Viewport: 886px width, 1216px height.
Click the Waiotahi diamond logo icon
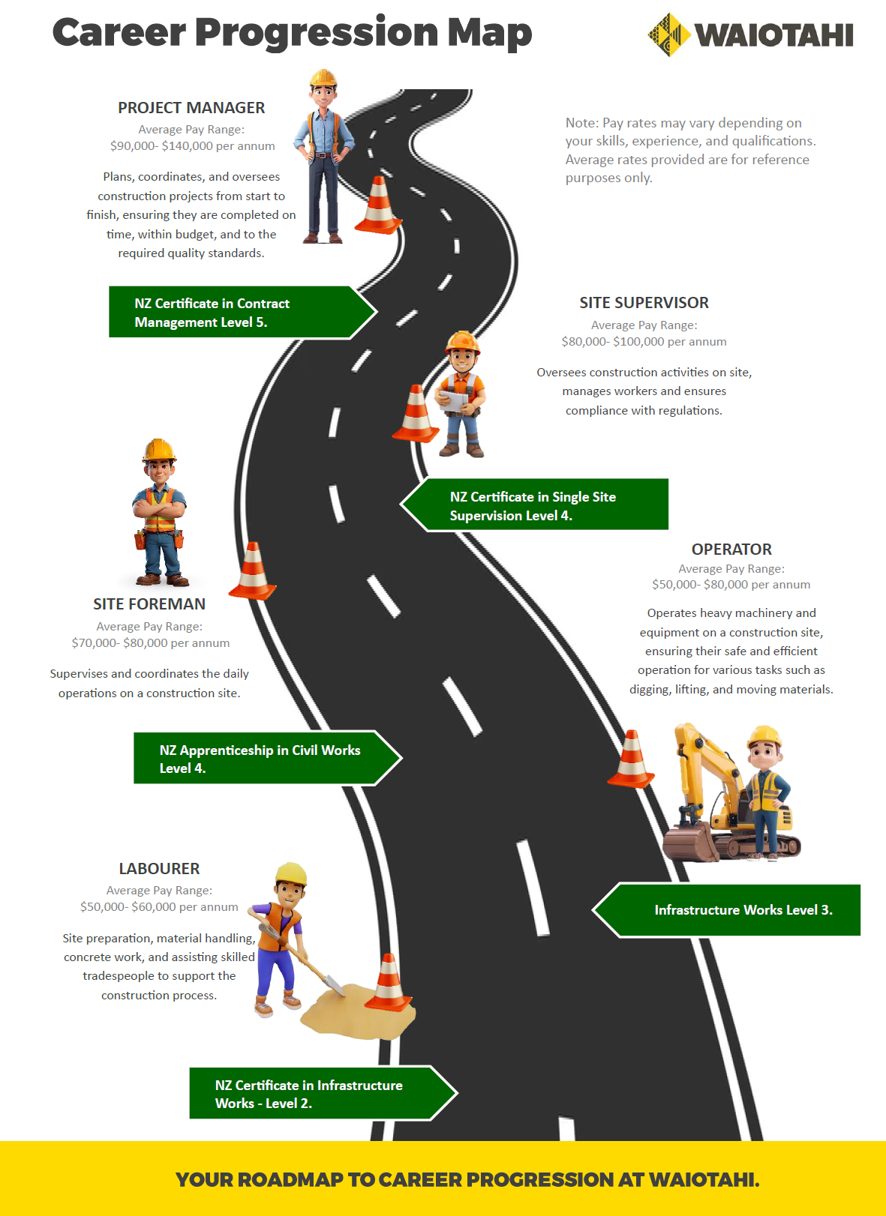coord(668,34)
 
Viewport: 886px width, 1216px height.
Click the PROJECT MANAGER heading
coord(191,108)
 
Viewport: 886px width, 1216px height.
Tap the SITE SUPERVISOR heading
coord(644,303)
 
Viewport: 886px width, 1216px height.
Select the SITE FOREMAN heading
coord(149,604)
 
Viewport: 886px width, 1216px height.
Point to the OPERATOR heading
coord(731,550)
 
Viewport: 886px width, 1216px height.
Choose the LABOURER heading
coord(159,869)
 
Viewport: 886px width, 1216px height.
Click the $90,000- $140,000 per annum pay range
coord(192,146)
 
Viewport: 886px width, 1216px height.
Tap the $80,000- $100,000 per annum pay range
coord(644,341)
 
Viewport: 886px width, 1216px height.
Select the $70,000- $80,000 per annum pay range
coord(151,642)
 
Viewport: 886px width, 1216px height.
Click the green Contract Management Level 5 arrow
coord(242,312)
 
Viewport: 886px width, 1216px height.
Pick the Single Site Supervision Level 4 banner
coord(535,505)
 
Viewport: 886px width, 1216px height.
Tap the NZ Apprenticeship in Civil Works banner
coord(267,758)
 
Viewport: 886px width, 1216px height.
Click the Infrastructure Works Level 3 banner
coord(727,910)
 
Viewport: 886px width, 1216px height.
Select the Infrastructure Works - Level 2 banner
coord(323,1093)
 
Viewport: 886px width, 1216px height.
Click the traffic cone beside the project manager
coord(378,205)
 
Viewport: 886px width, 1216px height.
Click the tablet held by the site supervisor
coord(455,401)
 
